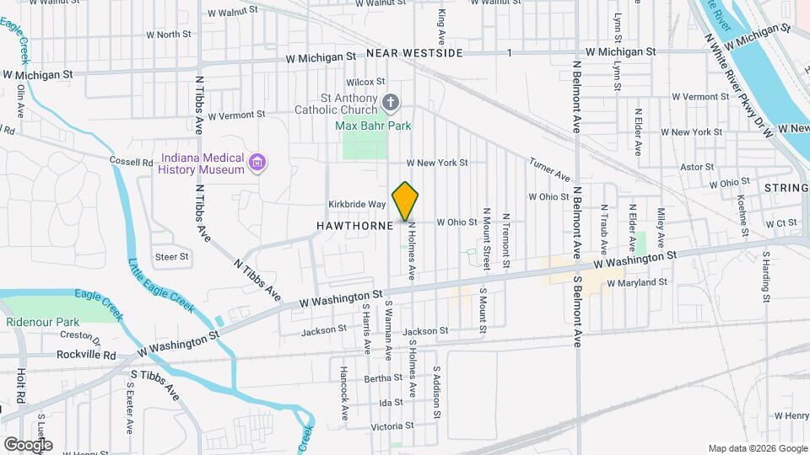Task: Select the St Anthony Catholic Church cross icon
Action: [x=390, y=103]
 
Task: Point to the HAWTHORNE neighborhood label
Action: [x=355, y=226]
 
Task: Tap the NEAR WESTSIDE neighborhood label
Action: [x=415, y=53]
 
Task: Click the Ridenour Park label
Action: [x=42, y=322]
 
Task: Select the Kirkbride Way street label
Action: [x=356, y=205]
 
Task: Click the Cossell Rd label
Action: [x=129, y=160]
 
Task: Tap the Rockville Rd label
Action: [x=86, y=355]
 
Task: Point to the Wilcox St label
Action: [x=365, y=82]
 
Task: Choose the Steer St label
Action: [x=171, y=256]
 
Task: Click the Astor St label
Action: [x=696, y=167]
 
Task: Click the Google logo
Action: [x=28, y=444]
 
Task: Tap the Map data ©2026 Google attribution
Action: [x=757, y=448]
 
